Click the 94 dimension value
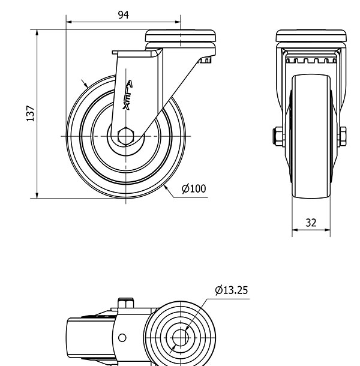pyautogui.click(x=123, y=15)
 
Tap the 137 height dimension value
pyautogui.click(x=31, y=113)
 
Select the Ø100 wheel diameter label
pyautogui.click(x=194, y=188)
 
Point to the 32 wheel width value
pyautogui.click(x=311, y=223)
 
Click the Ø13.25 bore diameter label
pyautogui.click(x=232, y=290)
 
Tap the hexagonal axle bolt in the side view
pyautogui.click(x=126, y=136)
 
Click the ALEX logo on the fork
pyautogui.click(x=128, y=95)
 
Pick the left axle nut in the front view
pyautogui.click(x=278, y=137)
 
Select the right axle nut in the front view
pyautogui.click(x=342, y=137)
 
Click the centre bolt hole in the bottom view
pyautogui.click(x=180, y=338)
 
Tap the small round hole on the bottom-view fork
pyautogui.click(x=122, y=338)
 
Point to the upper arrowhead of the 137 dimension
pyautogui.click(x=37, y=32)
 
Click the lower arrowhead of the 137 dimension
pyautogui.click(x=37, y=196)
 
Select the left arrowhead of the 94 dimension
pyautogui.click(x=69, y=22)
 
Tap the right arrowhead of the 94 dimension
pyautogui.click(x=178, y=22)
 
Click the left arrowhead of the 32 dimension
pyautogui.click(x=295, y=230)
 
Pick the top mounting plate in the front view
pyautogui.click(x=311, y=36)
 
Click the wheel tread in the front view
pyautogui.click(x=311, y=137)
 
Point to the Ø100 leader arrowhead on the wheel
pyautogui.click(x=166, y=187)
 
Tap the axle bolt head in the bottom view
pyautogui.click(x=125, y=303)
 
